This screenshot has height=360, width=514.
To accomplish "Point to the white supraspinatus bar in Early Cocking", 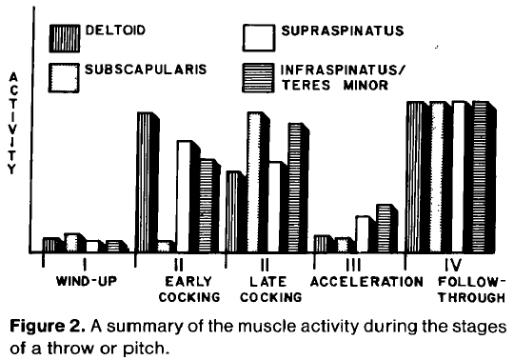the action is [187, 196].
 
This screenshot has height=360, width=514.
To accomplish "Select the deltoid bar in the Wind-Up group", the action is [50, 245].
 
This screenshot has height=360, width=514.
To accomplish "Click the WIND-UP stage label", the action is [84, 282].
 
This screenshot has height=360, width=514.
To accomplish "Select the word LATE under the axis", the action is [269, 282].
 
